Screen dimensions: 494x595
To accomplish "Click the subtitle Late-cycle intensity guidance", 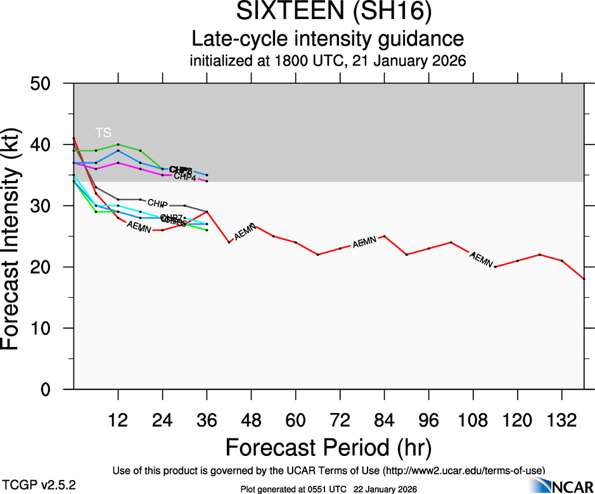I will coord(328,39).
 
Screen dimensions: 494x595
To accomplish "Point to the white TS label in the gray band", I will coord(103,132).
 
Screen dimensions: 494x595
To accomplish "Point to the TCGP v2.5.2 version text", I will coord(37,484).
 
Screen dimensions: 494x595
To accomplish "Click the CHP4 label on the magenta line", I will coord(184,177).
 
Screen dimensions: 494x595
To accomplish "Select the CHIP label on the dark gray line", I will coord(157,203).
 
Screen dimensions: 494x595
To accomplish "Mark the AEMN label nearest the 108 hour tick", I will coord(481,258).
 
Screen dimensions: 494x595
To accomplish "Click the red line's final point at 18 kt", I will coord(584,279).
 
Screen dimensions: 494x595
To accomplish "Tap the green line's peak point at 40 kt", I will coord(118,144).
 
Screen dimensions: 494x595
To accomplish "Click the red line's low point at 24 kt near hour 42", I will coord(229,243).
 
